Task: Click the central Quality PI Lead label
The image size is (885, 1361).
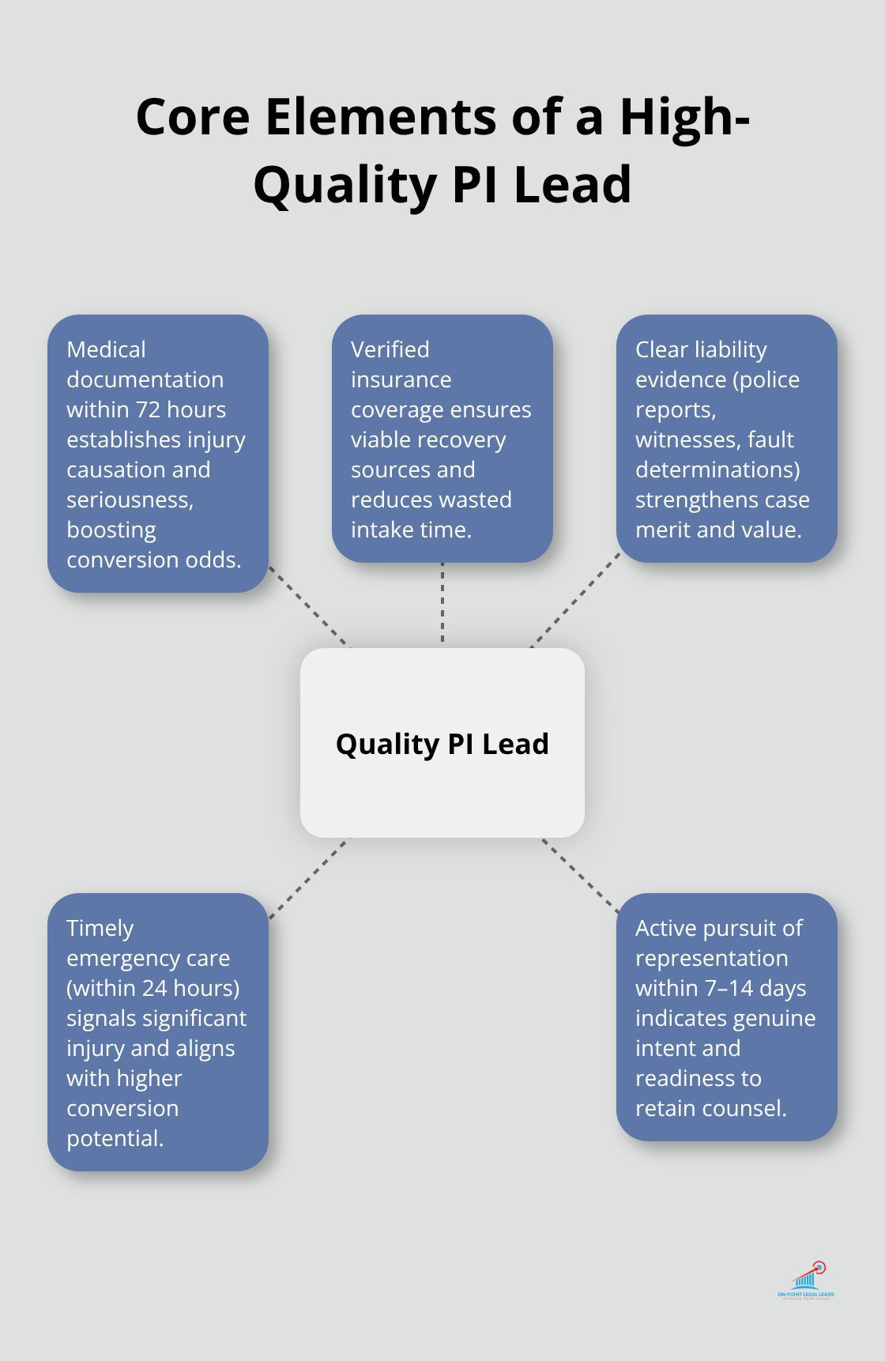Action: point(442,744)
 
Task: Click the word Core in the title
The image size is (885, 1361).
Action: point(194,117)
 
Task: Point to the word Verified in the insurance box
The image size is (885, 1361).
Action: point(390,349)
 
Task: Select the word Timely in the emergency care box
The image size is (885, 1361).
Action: point(100,929)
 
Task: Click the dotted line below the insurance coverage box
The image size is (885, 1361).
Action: point(442,602)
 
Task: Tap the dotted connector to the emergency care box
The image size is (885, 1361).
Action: point(309,878)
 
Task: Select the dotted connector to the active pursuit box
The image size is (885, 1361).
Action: point(581,876)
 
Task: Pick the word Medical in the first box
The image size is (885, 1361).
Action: point(106,349)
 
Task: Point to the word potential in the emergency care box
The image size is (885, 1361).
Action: point(115,1139)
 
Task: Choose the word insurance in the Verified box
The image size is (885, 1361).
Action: point(401,379)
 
